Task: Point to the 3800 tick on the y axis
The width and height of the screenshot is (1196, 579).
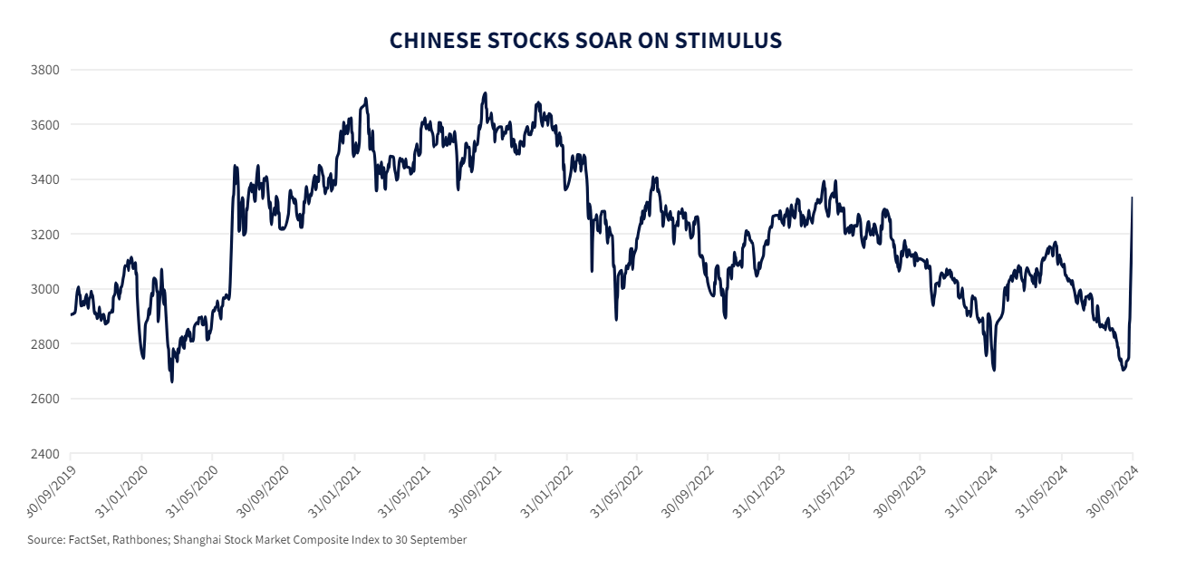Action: pyautogui.click(x=44, y=70)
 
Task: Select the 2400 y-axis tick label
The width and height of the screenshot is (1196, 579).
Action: pyautogui.click(x=44, y=454)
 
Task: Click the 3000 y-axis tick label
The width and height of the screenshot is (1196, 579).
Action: pyautogui.click(x=44, y=289)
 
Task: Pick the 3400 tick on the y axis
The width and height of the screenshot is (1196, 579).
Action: pyautogui.click(x=44, y=179)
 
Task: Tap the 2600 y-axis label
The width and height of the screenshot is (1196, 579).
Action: pyautogui.click(x=44, y=399)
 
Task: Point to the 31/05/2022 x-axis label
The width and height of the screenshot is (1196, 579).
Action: pyautogui.click(x=615, y=491)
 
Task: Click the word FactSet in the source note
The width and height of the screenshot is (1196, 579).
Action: pyautogui.click(x=88, y=540)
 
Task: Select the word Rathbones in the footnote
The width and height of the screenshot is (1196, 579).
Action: pyautogui.click(x=140, y=540)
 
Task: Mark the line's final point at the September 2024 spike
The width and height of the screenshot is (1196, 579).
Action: pyautogui.click(x=1133, y=198)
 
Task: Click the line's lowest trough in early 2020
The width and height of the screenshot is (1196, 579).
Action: pyautogui.click(x=172, y=381)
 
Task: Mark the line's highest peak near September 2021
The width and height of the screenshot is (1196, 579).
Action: pyautogui.click(x=486, y=93)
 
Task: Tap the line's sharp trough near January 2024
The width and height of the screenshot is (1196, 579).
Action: pyautogui.click(x=994, y=370)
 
